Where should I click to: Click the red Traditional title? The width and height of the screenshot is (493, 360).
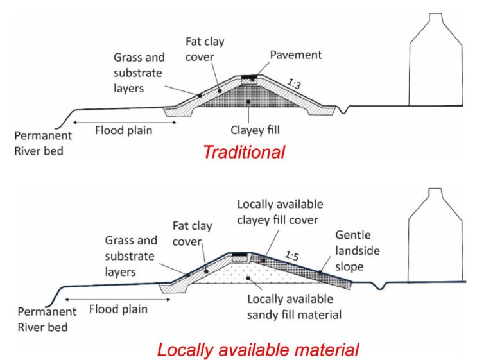(x=244, y=152)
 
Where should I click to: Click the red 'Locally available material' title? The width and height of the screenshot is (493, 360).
(x=258, y=350)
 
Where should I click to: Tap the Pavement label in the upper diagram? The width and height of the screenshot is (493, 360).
(x=296, y=55)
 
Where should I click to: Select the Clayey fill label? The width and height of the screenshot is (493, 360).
(x=255, y=130)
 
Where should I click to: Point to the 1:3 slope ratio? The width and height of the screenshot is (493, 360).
(x=294, y=84)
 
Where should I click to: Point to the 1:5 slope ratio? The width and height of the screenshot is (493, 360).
(x=291, y=256)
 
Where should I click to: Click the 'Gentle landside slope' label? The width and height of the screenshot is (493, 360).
(x=357, y=250)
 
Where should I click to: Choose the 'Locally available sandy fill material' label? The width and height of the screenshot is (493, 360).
(x=294, y=307)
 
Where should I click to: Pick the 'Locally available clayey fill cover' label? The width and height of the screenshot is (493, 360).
(x=280, y=212)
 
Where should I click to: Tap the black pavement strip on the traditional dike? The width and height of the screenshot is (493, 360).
(x=249, y=76)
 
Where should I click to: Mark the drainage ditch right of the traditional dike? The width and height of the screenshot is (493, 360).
(x=343, y=110)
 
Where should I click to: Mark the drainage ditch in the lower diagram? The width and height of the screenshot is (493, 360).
(x=380, y=286)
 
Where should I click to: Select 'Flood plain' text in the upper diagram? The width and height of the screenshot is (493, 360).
(x=123, y=130)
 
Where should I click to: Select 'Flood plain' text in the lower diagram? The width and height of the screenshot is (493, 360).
(x=118, y=309)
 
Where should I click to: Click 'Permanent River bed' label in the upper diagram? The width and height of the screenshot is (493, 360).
(x=43, y=143)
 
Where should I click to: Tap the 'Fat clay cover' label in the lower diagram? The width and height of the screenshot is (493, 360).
(x=192, y=234)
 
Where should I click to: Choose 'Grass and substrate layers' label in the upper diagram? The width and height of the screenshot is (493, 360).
(x=139, y=73)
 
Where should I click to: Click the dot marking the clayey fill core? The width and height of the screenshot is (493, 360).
(x=248, y=102)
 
